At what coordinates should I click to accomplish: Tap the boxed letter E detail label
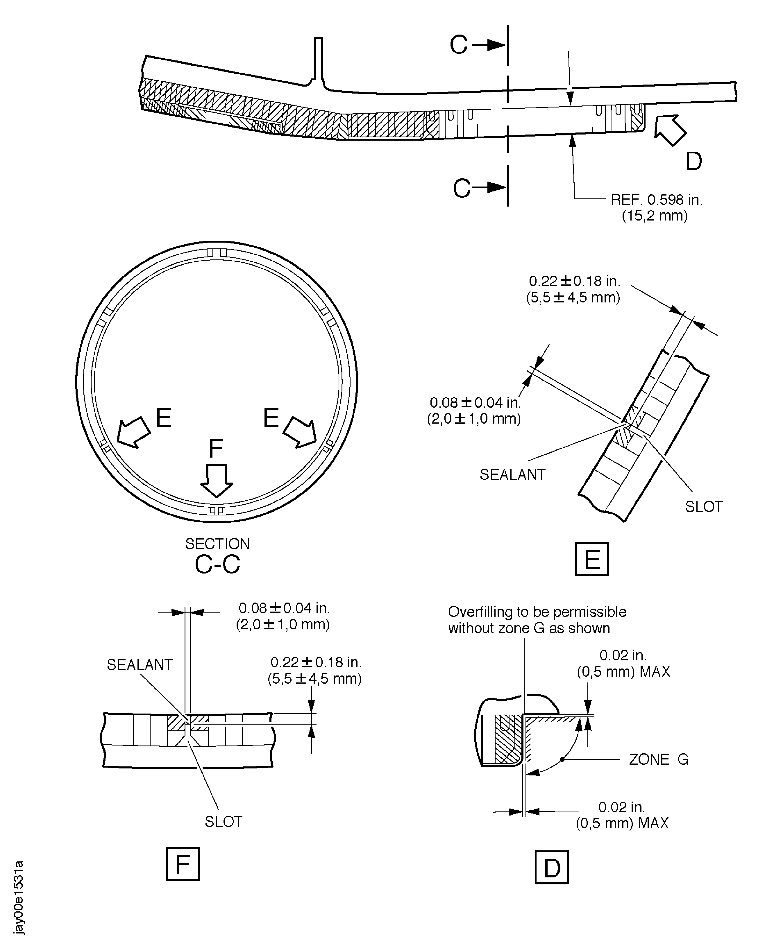click(x=592, y=559)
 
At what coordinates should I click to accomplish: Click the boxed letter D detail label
click(x=552, y=867)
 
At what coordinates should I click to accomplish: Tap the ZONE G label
click(x=659, y=759)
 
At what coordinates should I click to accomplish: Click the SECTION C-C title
click(x=218, y=555)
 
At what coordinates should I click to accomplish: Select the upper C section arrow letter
click(x=459, y=45)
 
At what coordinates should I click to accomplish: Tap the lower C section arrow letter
click(x=462, y=188)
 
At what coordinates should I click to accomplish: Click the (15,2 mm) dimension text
click(x=655, y=216)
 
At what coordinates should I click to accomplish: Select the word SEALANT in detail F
click(x=140, y=664)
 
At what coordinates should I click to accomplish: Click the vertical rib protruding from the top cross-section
click(x=318, y=60)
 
